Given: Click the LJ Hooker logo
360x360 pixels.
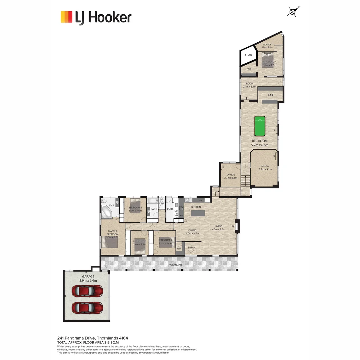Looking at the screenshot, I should [96, 17].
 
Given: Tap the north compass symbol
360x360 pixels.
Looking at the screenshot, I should [292, 12].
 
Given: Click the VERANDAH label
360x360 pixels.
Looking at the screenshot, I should [175, 265].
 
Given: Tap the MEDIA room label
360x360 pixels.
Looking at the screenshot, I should [265, 166].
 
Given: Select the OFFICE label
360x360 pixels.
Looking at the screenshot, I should [231, 174].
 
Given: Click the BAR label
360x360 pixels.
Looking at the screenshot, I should [270, 95].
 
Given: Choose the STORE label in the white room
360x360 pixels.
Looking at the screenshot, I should [249, 55].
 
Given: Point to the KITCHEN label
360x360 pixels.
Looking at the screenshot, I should [196, 207].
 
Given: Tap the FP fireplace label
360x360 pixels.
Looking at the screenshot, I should [233, 227].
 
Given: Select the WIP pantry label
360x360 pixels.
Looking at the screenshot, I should [179, 248].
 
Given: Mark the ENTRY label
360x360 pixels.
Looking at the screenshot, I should [191, 247].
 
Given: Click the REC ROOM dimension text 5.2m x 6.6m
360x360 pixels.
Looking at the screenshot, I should [259, 145].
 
